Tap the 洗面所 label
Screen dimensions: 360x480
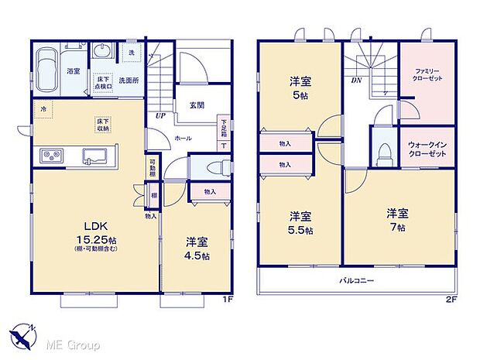pos(128,80)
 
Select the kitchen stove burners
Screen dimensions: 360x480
pos(50,156)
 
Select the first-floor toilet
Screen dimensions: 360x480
pos(214,167)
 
